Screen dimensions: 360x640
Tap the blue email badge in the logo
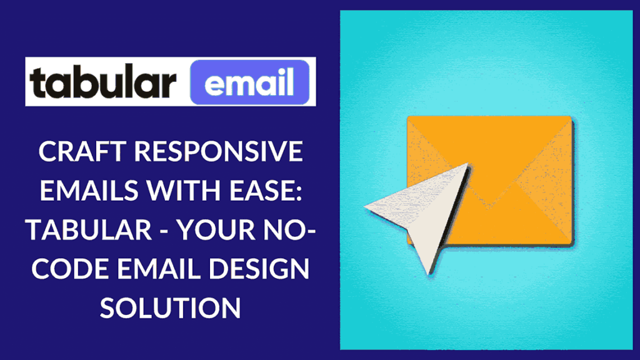point(250,82)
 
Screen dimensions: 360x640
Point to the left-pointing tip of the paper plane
point(365,208)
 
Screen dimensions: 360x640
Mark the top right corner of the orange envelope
point(571,117)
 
